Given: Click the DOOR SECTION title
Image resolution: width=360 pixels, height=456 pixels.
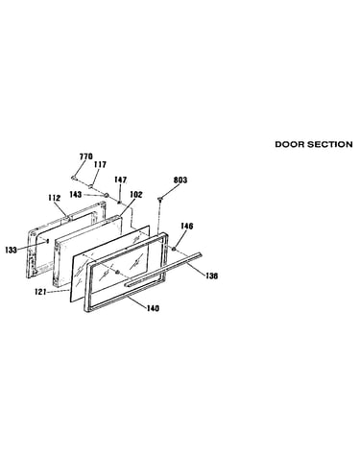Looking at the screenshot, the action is [x=314, y=144].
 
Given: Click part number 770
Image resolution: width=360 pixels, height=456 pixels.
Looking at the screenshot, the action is [x=85, y=156].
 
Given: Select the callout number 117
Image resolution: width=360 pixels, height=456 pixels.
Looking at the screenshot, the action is [x=100, y=164].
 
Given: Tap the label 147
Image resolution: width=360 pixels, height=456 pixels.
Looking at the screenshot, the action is [x=121, y=180].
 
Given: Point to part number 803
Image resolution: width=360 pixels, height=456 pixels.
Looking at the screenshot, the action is [x=180, y=180].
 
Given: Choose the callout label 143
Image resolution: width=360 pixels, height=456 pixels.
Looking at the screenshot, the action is [x=76, y=195].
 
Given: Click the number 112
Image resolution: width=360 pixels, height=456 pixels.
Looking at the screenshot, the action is [x=55, y=198].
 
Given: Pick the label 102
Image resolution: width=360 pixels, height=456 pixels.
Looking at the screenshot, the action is [x=136, y=195].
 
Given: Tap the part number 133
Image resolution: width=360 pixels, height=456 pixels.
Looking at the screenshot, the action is [x=12, y=250].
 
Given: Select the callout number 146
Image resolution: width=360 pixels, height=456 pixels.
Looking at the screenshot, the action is [x=187, y=227].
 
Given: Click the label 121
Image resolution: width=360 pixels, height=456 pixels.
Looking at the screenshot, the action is [x=40, y=292].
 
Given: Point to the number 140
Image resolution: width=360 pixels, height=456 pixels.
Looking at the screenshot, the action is [x=153, y=308].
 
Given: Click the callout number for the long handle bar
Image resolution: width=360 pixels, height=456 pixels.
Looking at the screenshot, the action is [x=211, y=276].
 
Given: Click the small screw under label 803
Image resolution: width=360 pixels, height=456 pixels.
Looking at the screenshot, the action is [x=160, y=200].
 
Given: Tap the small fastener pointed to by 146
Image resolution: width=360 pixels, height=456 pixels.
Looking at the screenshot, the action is [x=175, y=249].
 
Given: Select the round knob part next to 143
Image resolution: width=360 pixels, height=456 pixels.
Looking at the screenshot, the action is [x=107, y=195].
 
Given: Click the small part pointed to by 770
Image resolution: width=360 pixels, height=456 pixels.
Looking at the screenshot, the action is [x=74, y=178].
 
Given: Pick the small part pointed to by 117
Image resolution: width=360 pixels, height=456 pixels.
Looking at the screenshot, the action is [x=91, y=186].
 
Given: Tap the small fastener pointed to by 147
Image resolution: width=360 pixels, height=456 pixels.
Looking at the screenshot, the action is [x=119, y=203].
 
